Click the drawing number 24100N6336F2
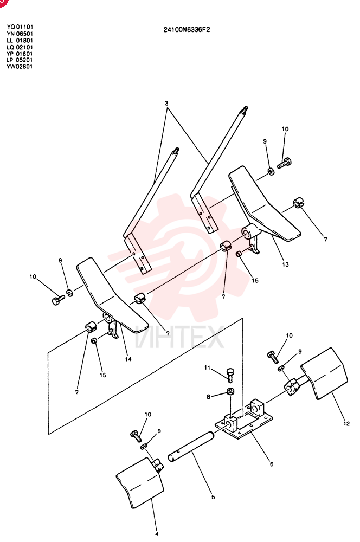click(x=187, y=30)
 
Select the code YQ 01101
click(x=20, y=27)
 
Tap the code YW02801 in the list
click(x=20, y=66)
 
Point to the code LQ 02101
click(x=20, y=47)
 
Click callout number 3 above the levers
click(x=166, y=103)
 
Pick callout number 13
click(x=285, y=264)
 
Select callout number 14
click(x=128, y=359)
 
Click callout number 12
click(x=346, y=423)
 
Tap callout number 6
click(x=272, y=464)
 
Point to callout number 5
click(x=213, y=497)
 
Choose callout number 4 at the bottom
click(x=156, y=534)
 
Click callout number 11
click(x=207, y=368)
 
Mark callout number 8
click(x=208, y=397)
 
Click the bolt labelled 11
click(x=230, y=375)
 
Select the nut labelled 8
click(x=230, y=392)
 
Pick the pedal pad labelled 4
click(x=140, y=483)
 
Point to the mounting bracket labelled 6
click(x=244, y=420)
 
